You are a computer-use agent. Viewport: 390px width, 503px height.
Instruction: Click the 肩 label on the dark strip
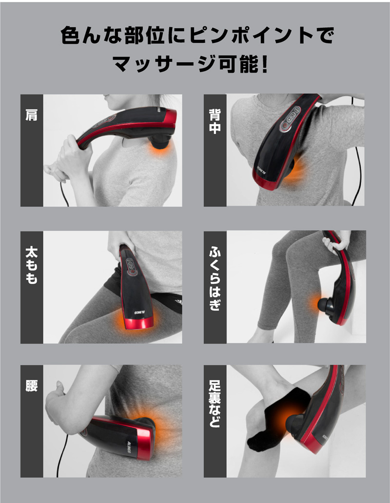point(32,115)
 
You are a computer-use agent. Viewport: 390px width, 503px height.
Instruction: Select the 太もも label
point(32,265)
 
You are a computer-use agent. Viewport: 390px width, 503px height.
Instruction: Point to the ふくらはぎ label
point(214,279)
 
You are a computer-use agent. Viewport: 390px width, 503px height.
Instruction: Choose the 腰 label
point(32,386)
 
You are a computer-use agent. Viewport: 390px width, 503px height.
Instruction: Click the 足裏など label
point(214,404)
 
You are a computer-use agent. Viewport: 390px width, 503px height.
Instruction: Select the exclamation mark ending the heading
point(265,64)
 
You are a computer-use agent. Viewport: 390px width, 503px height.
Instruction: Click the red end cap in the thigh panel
point(138,323)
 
